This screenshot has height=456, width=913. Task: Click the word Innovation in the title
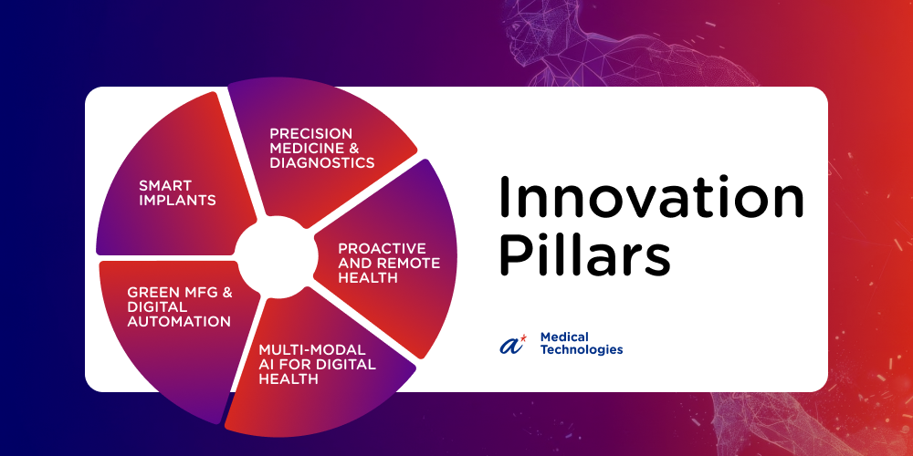tap(651, 198)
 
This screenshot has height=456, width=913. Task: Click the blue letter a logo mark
tap(511, 345)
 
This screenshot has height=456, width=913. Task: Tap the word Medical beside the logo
tap(556, 337)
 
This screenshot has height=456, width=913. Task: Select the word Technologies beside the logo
tap(581, 349)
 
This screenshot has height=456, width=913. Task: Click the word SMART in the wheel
tap(157, 186)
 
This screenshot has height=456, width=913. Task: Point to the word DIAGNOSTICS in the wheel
tap(322, 162)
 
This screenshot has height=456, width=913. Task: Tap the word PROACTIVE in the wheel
tap(382, 248)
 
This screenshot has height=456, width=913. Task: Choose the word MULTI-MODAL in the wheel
tap(311, 350)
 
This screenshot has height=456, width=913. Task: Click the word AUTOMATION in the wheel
tap(178, 321)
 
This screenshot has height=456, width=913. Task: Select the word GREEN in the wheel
tap(148, 293)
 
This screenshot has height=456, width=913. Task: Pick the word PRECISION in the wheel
tap(303, 134)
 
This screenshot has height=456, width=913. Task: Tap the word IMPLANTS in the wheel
tap(177, 201)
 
